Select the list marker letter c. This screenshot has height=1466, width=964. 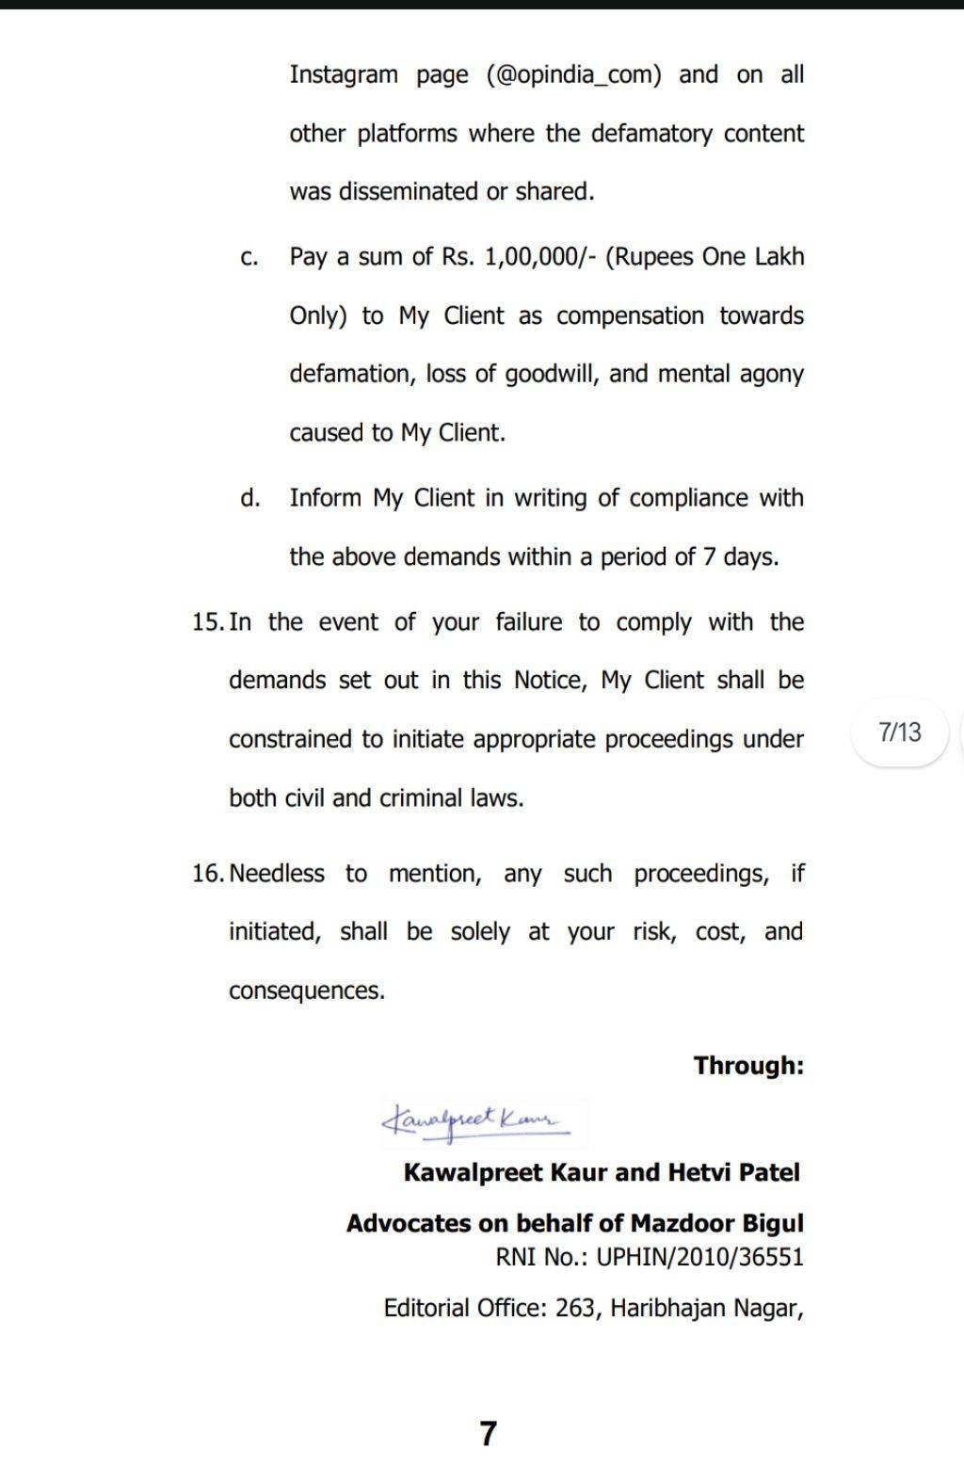[x=249, y=258]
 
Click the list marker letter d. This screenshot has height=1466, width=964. [x=249, y=498]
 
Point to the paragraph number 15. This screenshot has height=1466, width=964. [x=207, y=622]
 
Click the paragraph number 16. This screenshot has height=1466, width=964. [x=207, y=874]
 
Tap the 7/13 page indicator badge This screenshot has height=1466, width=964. [x=899, y=732]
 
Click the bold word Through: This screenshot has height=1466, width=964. [x=748, y=1066]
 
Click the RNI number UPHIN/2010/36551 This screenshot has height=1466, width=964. [x=699, y=1258]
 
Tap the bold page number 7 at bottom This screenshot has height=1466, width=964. [x=487, y=1434]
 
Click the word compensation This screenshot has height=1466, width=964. [x=630, y=315]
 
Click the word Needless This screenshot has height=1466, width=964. [x=277, y=874]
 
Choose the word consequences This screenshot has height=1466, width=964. [x=306, y=991]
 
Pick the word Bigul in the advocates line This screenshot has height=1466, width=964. [x=773, y=1224]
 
